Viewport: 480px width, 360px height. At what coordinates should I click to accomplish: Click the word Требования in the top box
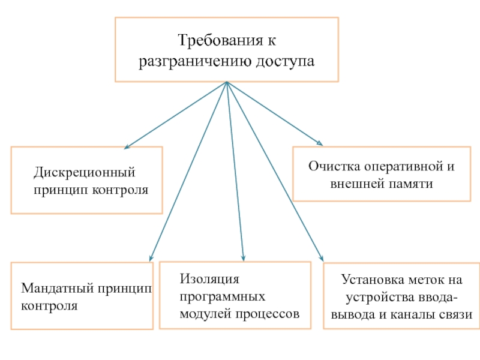click(220, 40)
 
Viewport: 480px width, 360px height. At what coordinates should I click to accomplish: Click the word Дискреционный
click(84, 173)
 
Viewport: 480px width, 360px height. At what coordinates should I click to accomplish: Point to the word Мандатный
click(58, 289)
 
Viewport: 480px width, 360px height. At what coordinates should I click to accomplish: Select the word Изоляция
click(209, 279)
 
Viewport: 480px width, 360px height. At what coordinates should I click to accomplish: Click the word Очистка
click(334, 167)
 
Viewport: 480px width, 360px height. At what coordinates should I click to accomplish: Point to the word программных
click(223, 297)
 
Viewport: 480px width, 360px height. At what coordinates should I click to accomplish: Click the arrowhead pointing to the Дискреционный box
click(127, 147)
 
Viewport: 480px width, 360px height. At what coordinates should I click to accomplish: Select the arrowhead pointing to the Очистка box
click(320, 143)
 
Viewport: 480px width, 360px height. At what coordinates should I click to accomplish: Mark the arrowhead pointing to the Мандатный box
click(151, 259)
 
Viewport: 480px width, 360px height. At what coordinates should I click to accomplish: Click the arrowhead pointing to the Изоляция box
click(243, 258)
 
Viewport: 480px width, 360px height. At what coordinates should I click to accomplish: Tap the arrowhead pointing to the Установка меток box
click(322, 258)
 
